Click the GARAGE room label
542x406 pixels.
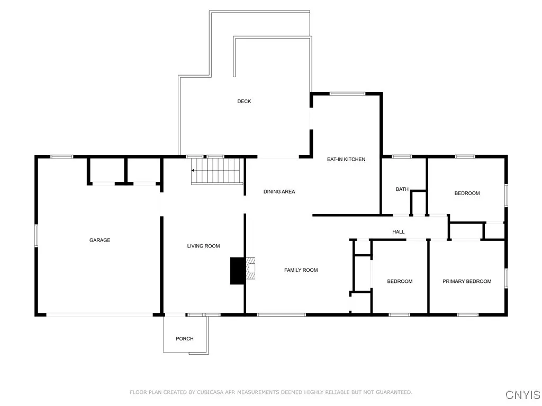tap(100, 241)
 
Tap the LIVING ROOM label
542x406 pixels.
tap(203, 246)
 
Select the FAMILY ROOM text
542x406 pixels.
tap(301, 270)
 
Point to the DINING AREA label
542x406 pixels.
tap(279, 191)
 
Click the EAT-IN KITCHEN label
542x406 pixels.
tap(346, 159)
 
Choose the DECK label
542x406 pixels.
tap(244, 101)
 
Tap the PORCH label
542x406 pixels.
tap(185, 339)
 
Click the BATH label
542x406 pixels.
tap(402, 189)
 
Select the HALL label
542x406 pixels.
tap(399, 232)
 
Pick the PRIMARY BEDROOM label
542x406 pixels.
tap(467, 281)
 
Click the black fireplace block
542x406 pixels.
tap(237, 271)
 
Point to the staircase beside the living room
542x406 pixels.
tap(216, 171)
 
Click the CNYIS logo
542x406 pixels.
tap(522, 395)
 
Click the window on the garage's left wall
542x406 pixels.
tap(36, 235)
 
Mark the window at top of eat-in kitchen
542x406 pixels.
tap(347, 94)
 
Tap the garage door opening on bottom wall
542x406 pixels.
tap(100, 315)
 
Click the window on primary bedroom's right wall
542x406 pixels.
tap(506, 278)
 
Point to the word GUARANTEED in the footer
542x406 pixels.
tap(393, 392)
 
